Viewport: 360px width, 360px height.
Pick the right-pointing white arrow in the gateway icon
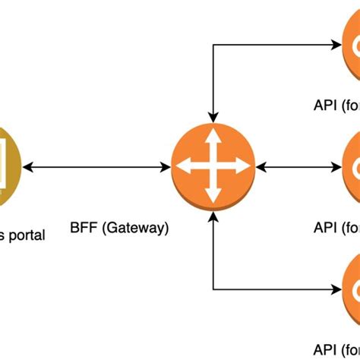pyautogui.click(x=241, y=166)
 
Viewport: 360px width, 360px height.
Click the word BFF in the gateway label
pyautogui.click(x=83, y=227)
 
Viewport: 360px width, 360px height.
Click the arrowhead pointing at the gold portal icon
pyautogui.click(x=29, y=166)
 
